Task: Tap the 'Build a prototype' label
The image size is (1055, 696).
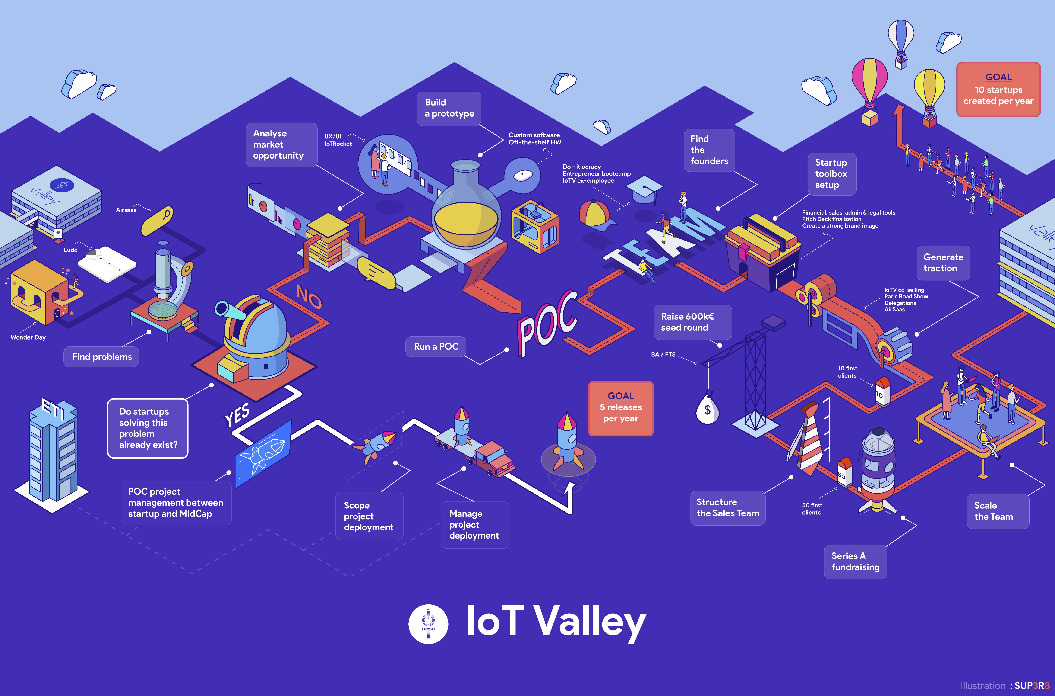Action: point(449,108)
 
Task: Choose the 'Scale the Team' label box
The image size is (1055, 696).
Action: point(998,511)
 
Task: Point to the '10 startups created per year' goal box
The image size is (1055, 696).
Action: point(998,89)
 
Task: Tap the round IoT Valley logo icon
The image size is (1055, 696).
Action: point(428,624)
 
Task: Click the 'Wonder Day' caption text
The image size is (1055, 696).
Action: point(28,337)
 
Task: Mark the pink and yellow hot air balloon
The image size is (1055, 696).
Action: point(870,91)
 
